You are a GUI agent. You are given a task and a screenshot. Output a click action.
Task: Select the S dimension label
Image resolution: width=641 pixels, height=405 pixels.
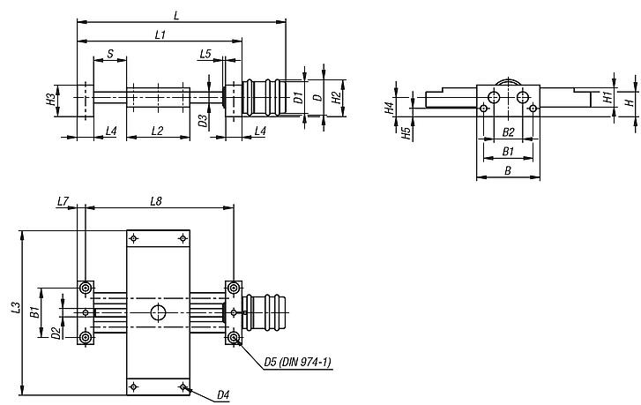(x=109, y=54)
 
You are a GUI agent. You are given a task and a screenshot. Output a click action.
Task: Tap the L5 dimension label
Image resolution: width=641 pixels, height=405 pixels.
(x=205, y=54)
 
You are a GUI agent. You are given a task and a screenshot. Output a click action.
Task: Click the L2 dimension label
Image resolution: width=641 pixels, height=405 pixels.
(x=157, y=131)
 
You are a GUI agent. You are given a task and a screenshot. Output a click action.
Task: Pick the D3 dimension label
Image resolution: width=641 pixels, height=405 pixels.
(x=202, y=120)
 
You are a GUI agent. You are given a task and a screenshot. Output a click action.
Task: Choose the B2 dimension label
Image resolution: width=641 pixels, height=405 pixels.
(x=508, y=131)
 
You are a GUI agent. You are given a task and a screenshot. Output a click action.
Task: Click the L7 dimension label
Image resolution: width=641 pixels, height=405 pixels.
(x=62, y=202)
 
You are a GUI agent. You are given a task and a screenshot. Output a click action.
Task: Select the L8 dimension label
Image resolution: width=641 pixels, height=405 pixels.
(x=155, y=202)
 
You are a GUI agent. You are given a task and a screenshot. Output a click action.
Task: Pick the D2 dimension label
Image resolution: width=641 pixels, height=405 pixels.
(x=56, y=333)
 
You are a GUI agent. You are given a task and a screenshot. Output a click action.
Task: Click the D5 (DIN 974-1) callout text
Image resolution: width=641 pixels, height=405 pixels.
(x=297, y=362)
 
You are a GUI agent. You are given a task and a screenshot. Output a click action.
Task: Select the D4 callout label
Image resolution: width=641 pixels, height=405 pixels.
(x=225, y=395)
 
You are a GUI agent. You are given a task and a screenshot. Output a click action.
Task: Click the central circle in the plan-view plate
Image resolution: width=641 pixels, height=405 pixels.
(x=159, y=312)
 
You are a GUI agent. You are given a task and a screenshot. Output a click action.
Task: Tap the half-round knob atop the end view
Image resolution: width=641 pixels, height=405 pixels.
(x=508, y=84)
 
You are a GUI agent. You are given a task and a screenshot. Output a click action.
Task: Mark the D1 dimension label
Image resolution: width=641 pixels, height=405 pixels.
(x=299, y=97)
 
